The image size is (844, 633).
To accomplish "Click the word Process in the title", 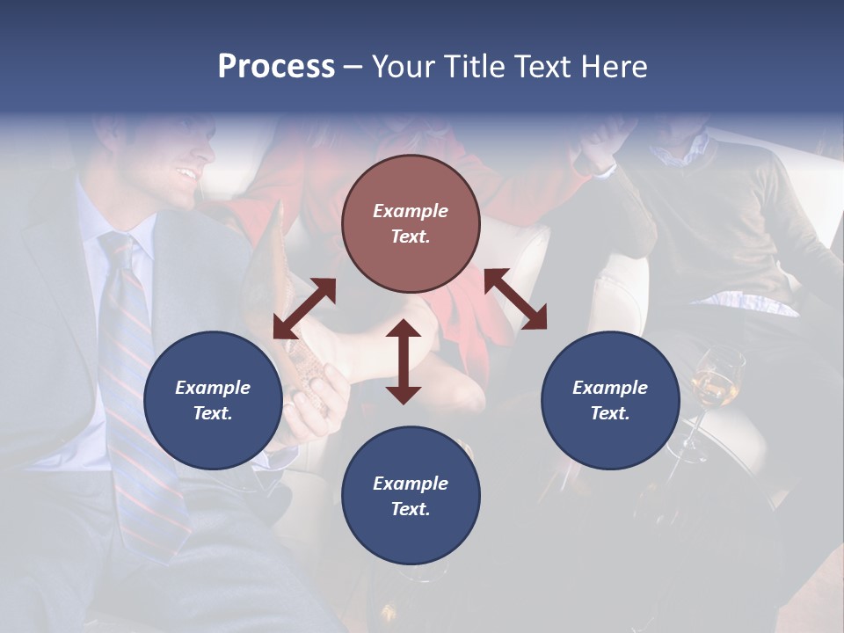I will coord(276,67).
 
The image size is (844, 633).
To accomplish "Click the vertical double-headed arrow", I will coord(404,361).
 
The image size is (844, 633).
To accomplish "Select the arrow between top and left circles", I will coord(304,309).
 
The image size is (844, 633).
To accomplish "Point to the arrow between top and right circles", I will coord(515,300).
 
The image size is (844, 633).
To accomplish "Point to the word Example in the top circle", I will coord(411,211).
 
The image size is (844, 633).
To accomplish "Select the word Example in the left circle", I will coord(213,388).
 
